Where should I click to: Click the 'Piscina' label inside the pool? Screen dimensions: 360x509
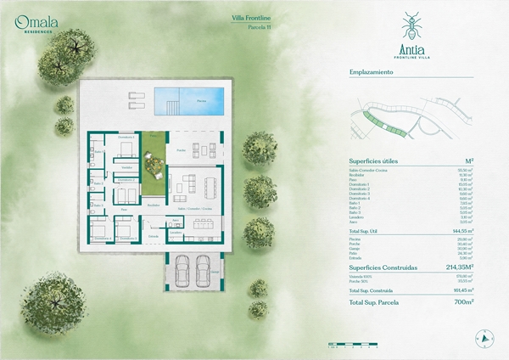(201, 100)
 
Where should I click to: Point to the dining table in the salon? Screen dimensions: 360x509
(204, 183)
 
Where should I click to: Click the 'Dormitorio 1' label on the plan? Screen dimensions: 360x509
(126, 137)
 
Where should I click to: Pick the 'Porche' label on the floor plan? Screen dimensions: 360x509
(181, 150)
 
